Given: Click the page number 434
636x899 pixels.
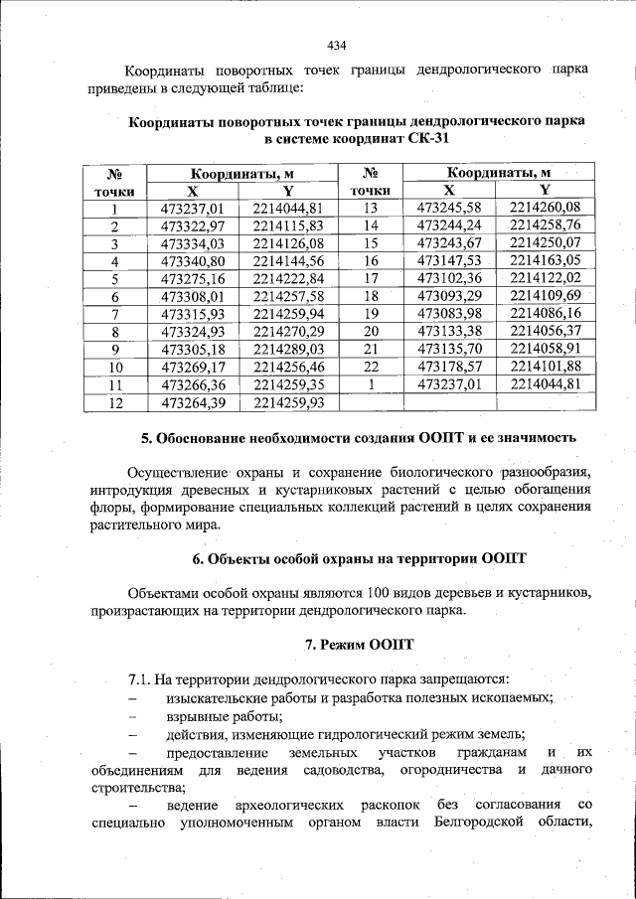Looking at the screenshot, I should [x=336, y=45].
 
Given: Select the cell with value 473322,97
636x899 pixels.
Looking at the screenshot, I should [x=193, y=226].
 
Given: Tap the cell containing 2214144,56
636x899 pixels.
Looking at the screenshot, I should [x=288, y=261].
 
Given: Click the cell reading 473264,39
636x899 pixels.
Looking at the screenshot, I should [x=193, y=402].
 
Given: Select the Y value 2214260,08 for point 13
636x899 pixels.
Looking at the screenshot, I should [x=544, y=208].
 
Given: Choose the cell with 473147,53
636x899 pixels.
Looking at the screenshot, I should [x=449, y=261].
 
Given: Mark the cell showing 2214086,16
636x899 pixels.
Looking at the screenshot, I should [x=544, y=314].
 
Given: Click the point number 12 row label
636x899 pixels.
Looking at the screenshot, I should [x=114, y=403].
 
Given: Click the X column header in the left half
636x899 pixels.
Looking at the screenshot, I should [x=193, y=190].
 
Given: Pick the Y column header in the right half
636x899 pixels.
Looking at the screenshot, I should [x=544, y=190].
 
